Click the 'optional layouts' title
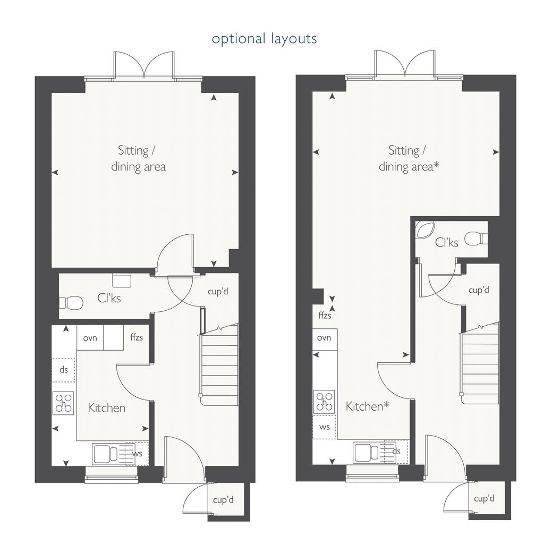[265, 39]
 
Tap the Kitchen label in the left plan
[106, 407]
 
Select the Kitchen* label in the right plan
[368, 406]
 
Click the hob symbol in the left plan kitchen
[64, 403]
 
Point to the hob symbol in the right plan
[324, 402]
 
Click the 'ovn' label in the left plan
[90, 338]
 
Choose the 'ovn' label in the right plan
[324, 337]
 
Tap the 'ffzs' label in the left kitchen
[137, 337]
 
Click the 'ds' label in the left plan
[64, 370]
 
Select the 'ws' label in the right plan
[325, 427]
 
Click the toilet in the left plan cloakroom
[71, 302]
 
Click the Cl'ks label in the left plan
[109, 298]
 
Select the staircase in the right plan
[480, 362]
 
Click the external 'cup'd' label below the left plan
[223, 500]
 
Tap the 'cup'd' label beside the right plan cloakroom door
[479, 290]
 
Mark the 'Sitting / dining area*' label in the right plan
[409, 159]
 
